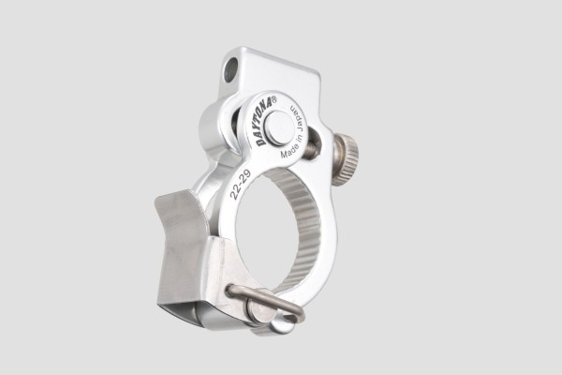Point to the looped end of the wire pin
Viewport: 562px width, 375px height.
279,322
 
